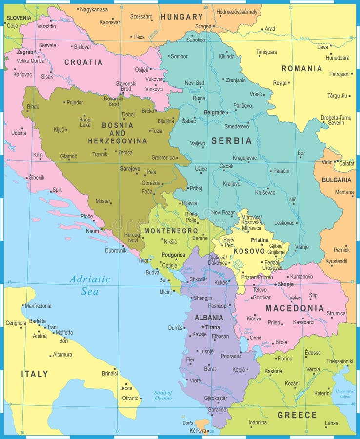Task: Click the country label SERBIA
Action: pos(231,141)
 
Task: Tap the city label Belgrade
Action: pos(214,113)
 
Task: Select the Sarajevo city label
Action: pos(130,169)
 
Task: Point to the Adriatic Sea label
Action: pos(90,285)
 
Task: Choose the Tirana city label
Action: pos(212,327)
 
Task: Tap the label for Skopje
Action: pos(285,284)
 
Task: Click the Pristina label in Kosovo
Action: pos(260,240)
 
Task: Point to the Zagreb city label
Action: pos(25,52)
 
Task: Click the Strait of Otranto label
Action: pos(163,395)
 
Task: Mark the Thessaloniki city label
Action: pos(340,361)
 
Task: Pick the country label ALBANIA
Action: pos(209,318)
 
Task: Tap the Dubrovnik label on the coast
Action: pos(116,250)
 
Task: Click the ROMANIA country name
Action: pos(301,69)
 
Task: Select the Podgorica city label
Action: pos(174,255)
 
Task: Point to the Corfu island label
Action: pos(187,423)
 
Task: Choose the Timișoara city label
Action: pos(266,52)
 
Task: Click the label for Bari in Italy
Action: pos(63,341)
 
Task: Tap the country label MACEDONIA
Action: pos(295,308)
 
